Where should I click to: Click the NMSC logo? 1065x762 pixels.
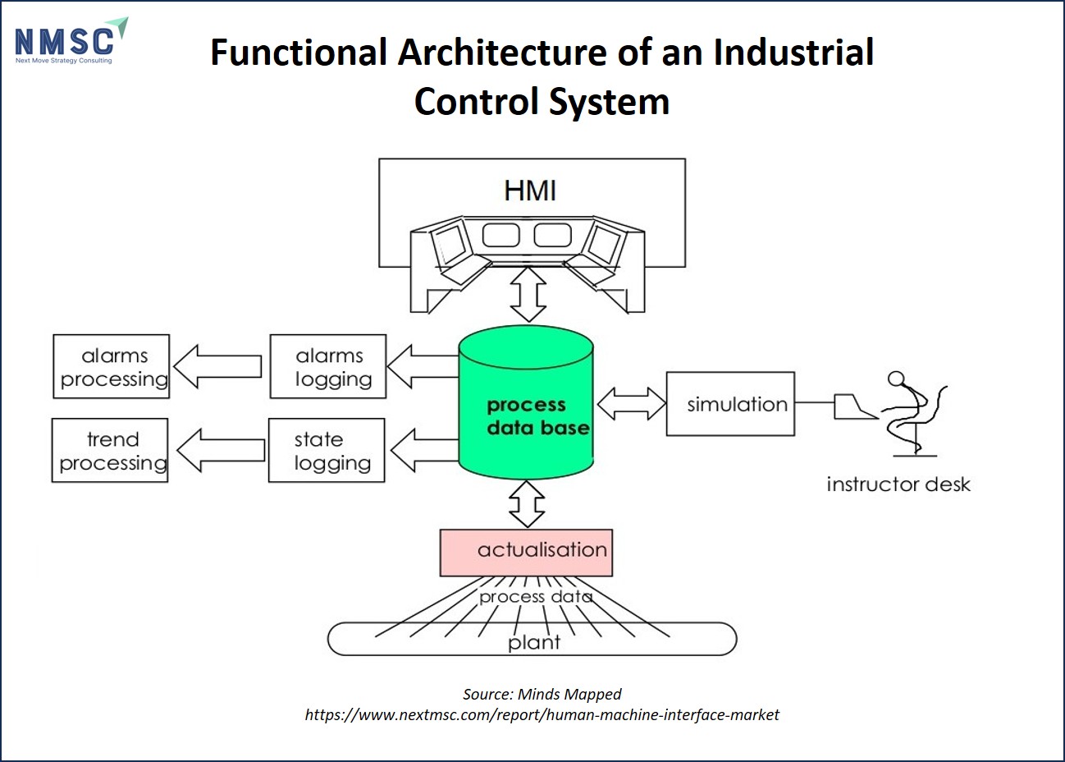pyautogui.click(x=71, y=41)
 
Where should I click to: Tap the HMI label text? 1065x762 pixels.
pyautogui.click(x=530, y=190)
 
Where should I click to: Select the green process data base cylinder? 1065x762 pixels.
pyautogui.click(x=526, y=402)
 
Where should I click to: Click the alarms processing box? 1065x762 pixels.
pyautogui.click(x=112, y=366)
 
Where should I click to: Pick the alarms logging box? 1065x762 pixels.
pyautogui.click(x=328, y=366)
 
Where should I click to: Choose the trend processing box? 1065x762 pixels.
pyautogui.click(x=110, y=450)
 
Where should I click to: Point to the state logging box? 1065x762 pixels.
pyautogui.click(x=327, y=450)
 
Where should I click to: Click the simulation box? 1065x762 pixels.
pyautogui.click(x=730, y=404)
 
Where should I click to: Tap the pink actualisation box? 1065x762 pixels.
pyautogui.click(x=526, y=553)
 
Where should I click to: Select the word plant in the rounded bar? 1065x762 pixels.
pyautogui.click(x=534, y=643)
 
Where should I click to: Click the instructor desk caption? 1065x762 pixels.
pyautogui.click(x=898, y=484)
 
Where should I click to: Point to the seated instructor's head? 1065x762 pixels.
pyautogui.click(x=896, y=379)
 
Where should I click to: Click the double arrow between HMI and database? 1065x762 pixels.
pyautogui.click(x=528, y=294)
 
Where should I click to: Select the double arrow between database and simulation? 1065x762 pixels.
pyautogui.click(x=632, y=404)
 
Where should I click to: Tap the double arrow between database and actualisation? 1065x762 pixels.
pyautogui.click(x=527, y=504)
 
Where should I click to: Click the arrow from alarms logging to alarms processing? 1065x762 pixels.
pyautogui.click(x=217, y=366)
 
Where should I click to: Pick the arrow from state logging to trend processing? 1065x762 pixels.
pyautogui.click(x=221, y=450)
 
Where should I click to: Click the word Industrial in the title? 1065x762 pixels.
pyautogui.click(x=793, y=52)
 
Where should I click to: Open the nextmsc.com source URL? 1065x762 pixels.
pyautogui.click(x=542, y=714)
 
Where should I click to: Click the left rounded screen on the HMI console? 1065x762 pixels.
pyautogui.click(x=501, y=235)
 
